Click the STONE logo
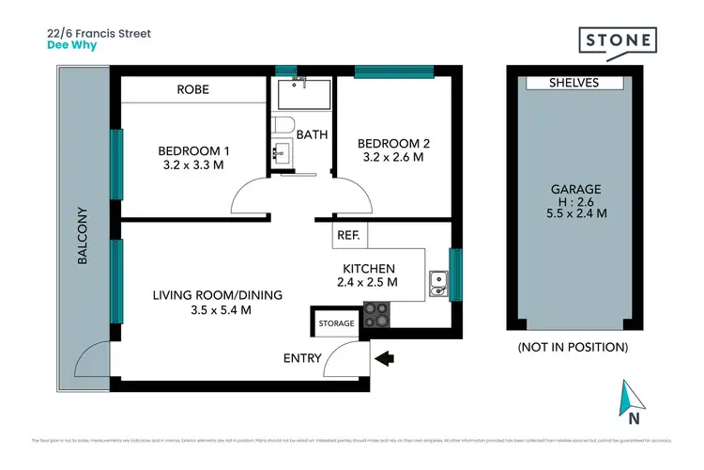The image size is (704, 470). (x=617, y=42)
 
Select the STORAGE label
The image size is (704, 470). (x=337, y=323)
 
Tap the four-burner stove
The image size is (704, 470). (x=375, y=314)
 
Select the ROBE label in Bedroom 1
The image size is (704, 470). (x=192, y=90)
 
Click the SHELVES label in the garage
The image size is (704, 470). (x=574, y=83)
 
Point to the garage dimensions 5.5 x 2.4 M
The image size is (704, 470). (x=575, y=213)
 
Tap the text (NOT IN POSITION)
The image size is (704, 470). (x=573, y=347)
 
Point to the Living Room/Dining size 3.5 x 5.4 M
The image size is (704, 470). (x=204, y=309)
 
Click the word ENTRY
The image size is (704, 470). (x=302, y=357)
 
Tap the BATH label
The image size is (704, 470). (x=312, y=134)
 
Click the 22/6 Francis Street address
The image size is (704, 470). (x=99, y=32)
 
